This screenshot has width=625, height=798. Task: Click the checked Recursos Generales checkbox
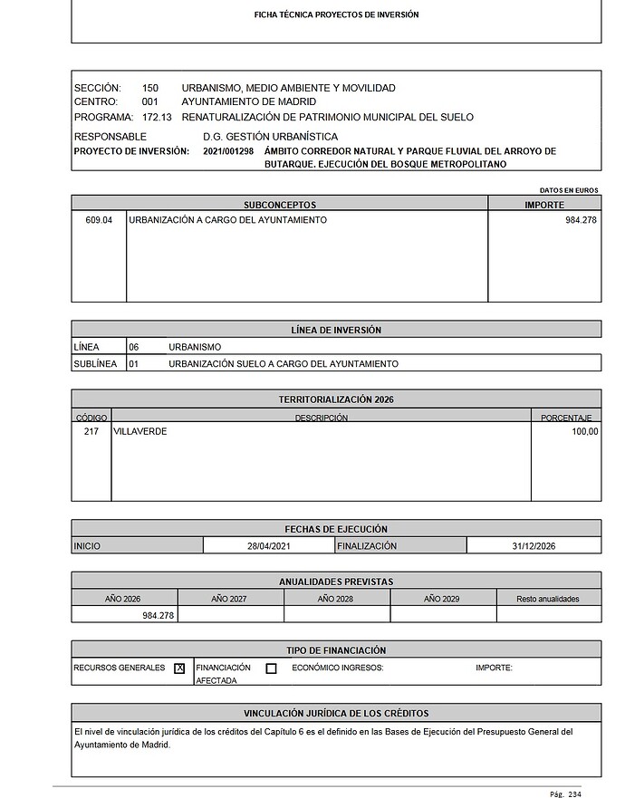click(179, 668)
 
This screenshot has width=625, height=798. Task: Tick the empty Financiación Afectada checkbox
click(271, 668)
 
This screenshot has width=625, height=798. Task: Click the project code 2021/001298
click(228, 150)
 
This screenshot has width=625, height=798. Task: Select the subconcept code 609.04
click(99, 220)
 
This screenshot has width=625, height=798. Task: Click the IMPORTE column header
click(544, 205)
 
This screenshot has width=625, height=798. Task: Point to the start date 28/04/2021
click(269, 546)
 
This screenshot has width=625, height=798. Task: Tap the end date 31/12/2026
click(534, 546)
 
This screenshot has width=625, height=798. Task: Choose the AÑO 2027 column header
click(230, 599)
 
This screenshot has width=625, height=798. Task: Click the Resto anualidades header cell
click(548, 599)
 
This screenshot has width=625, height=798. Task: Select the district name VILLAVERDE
click(140, 432)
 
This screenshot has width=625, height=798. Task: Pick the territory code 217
click(91, 432)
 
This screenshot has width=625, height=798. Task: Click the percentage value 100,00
click(581, 432)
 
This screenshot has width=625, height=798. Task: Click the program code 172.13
click(159, 117)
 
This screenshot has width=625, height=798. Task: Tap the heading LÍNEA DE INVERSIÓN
click(336, 330)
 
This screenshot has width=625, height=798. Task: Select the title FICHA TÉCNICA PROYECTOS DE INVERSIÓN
click(336, 15)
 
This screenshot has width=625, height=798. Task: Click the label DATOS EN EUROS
click(569, 190)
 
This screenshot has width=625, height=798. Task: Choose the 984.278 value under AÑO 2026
click(158, 615)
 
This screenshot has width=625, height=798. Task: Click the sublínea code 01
click(133, 363)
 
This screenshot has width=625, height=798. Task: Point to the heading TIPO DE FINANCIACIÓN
click(336, 650)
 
